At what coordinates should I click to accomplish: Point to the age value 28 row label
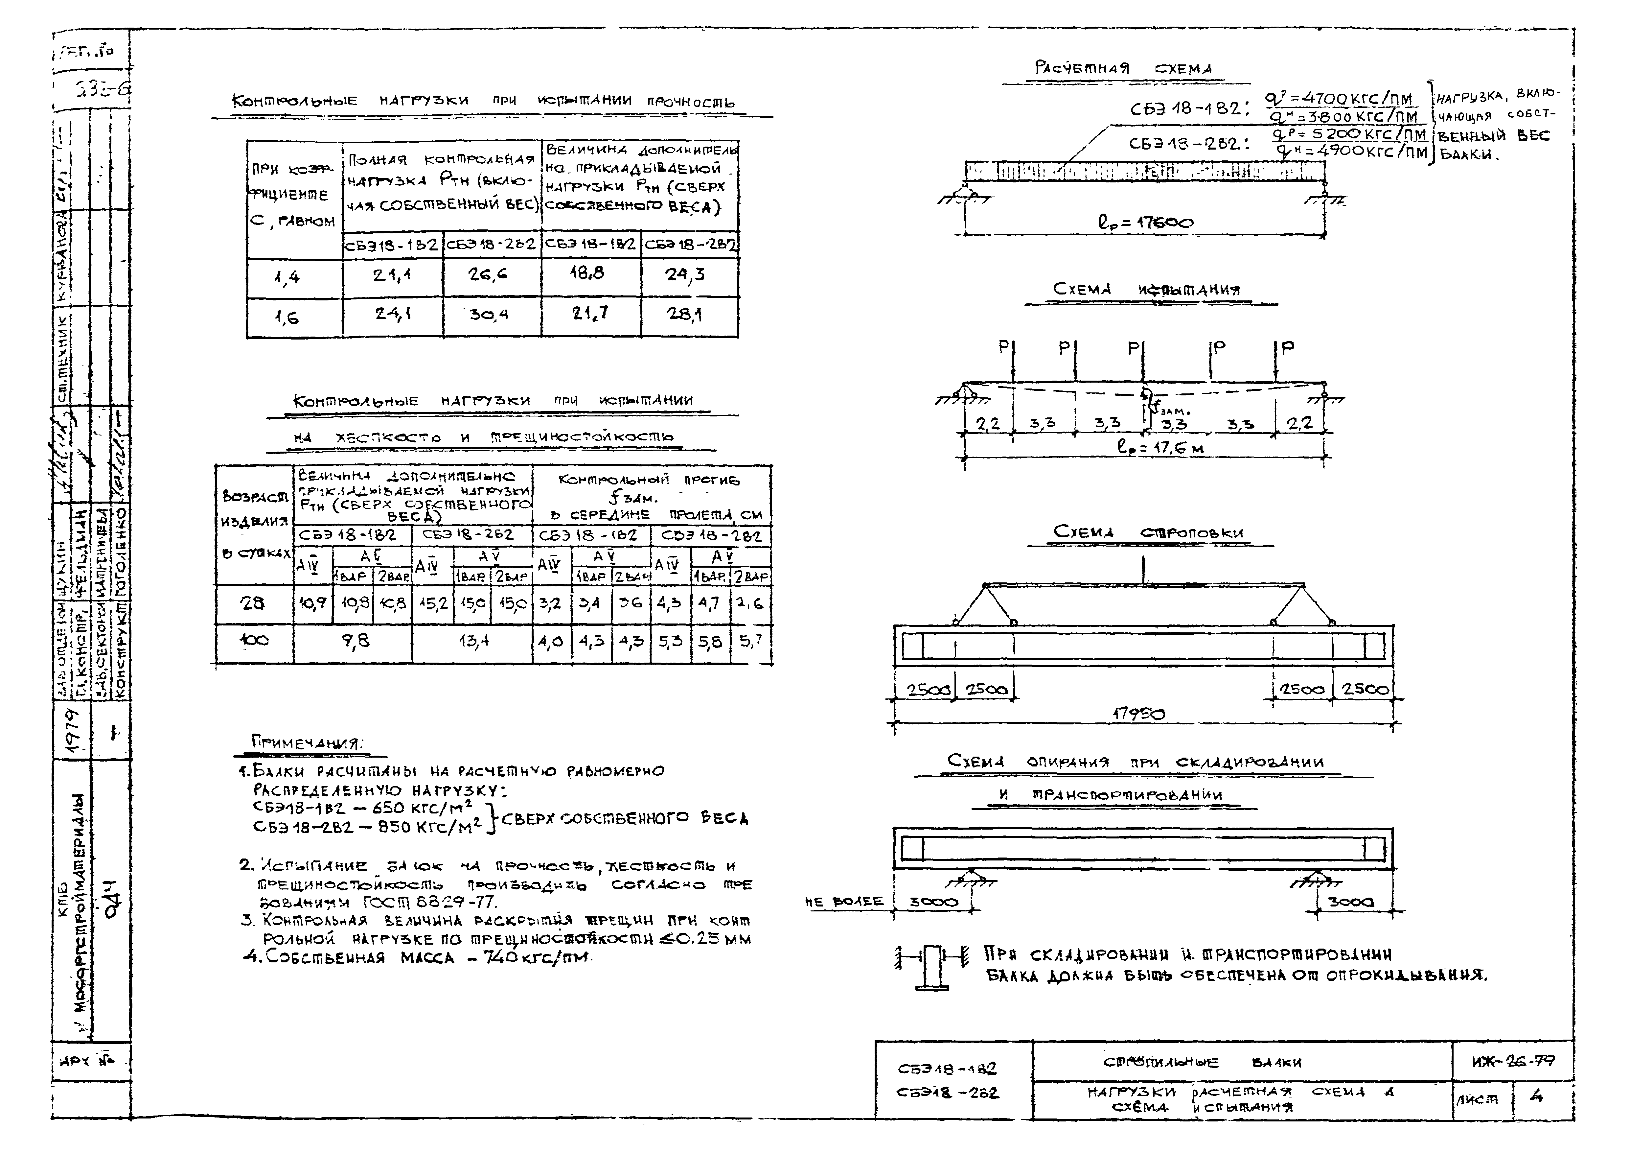click(x=253, y=603)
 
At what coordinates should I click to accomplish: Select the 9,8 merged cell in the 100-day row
click(x=355, y=641)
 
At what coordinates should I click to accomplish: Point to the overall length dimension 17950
click(x=1138, y=714)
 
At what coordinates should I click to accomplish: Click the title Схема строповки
click(x=1148, y=532)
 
